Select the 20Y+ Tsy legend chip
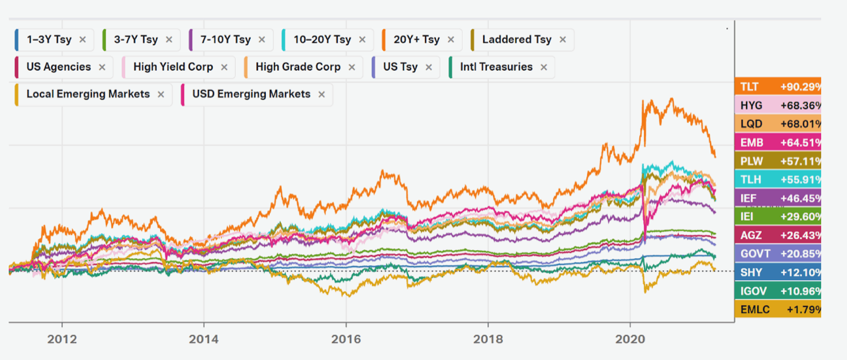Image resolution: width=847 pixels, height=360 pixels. click(x=416, y=40)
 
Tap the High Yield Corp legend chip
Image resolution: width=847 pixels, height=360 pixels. click(x=173, y=67)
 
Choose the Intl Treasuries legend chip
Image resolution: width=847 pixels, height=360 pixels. click(x=490, y=67)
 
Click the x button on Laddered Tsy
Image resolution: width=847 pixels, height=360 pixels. click(x=562, y=40)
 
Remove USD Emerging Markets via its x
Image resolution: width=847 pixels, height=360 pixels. click(x=322, y=94)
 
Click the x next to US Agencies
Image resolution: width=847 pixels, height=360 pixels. click(x=102, y=67)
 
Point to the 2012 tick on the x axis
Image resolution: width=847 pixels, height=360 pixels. click(x=62, y=338)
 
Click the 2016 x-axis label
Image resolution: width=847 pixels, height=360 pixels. click(x=345, y=338)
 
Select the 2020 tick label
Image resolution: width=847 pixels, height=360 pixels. click(x=630, y=338)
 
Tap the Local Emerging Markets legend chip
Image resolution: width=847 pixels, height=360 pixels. click(x=87, y=94)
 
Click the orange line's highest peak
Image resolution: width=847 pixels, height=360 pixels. click(x=672, y=99)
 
